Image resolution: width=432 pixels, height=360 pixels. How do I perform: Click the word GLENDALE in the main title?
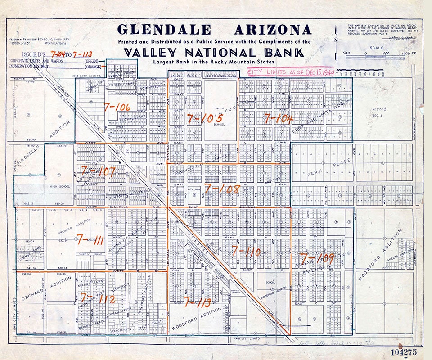(x=164, y=30)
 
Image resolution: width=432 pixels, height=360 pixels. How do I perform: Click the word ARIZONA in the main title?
(x=273, y=30)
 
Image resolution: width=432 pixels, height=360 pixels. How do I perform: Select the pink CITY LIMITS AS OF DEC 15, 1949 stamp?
(x=291, y=72)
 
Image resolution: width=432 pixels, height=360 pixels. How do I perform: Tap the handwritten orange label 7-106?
(x=117, y=107)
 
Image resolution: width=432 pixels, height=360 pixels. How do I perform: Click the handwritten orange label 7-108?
(x=222, y=189)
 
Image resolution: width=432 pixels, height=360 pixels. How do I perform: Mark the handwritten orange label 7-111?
(x=90, y=239)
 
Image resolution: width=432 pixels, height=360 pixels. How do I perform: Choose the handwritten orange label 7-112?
(x=97, y=298)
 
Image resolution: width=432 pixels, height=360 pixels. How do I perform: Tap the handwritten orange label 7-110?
(x=246, y=251)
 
